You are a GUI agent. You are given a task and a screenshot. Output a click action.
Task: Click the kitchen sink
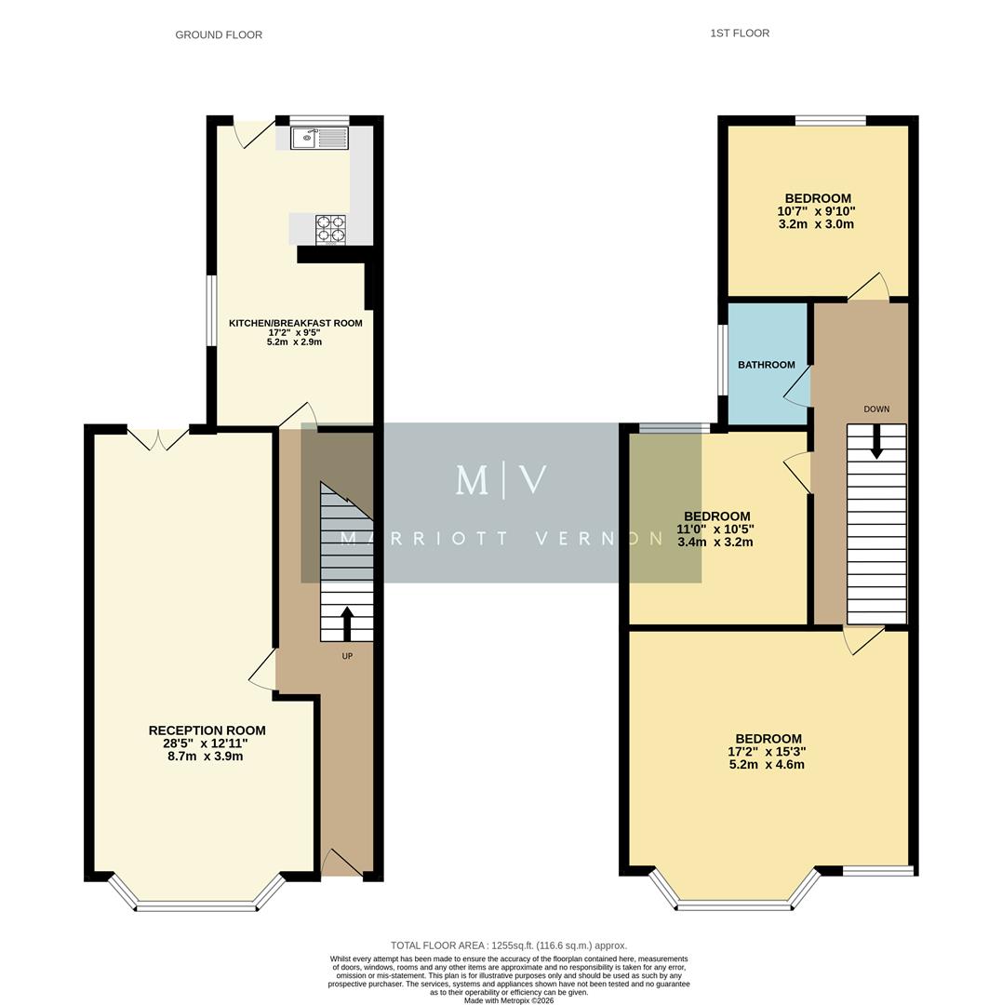click(319, 138)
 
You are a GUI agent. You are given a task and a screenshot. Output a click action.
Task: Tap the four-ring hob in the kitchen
click(330, 229)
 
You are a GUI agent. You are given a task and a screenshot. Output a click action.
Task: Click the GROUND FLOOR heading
click(219, 35)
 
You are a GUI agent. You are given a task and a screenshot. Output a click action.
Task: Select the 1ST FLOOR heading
click(740, 33)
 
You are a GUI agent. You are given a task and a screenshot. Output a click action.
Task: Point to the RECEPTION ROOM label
click(207, 730)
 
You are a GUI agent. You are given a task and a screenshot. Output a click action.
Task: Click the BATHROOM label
click(766, 365)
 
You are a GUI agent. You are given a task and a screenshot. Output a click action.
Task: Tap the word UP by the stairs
click(347, 656)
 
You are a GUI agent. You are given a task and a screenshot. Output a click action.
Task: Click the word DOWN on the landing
click(875, 409)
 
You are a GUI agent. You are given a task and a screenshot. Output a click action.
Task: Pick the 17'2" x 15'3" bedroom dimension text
click(767, 752)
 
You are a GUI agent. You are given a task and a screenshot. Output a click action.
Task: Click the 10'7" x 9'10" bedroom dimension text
click(816, 211)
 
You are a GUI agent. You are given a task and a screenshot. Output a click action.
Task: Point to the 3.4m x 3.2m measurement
click(715, 542)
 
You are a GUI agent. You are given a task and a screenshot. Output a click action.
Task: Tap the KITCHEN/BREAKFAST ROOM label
click(295, 323)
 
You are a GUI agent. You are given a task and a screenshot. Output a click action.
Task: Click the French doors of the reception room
click(157, 438)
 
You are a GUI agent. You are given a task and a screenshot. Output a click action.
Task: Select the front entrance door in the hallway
click(341, 864)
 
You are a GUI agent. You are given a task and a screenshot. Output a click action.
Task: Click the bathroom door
click(798, 385)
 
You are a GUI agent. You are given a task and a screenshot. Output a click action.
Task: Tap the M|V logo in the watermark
click(501, 480)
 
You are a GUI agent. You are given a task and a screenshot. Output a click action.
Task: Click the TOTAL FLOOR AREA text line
click(508, 945)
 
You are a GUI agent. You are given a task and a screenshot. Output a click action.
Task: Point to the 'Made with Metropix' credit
click(508, 1000)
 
